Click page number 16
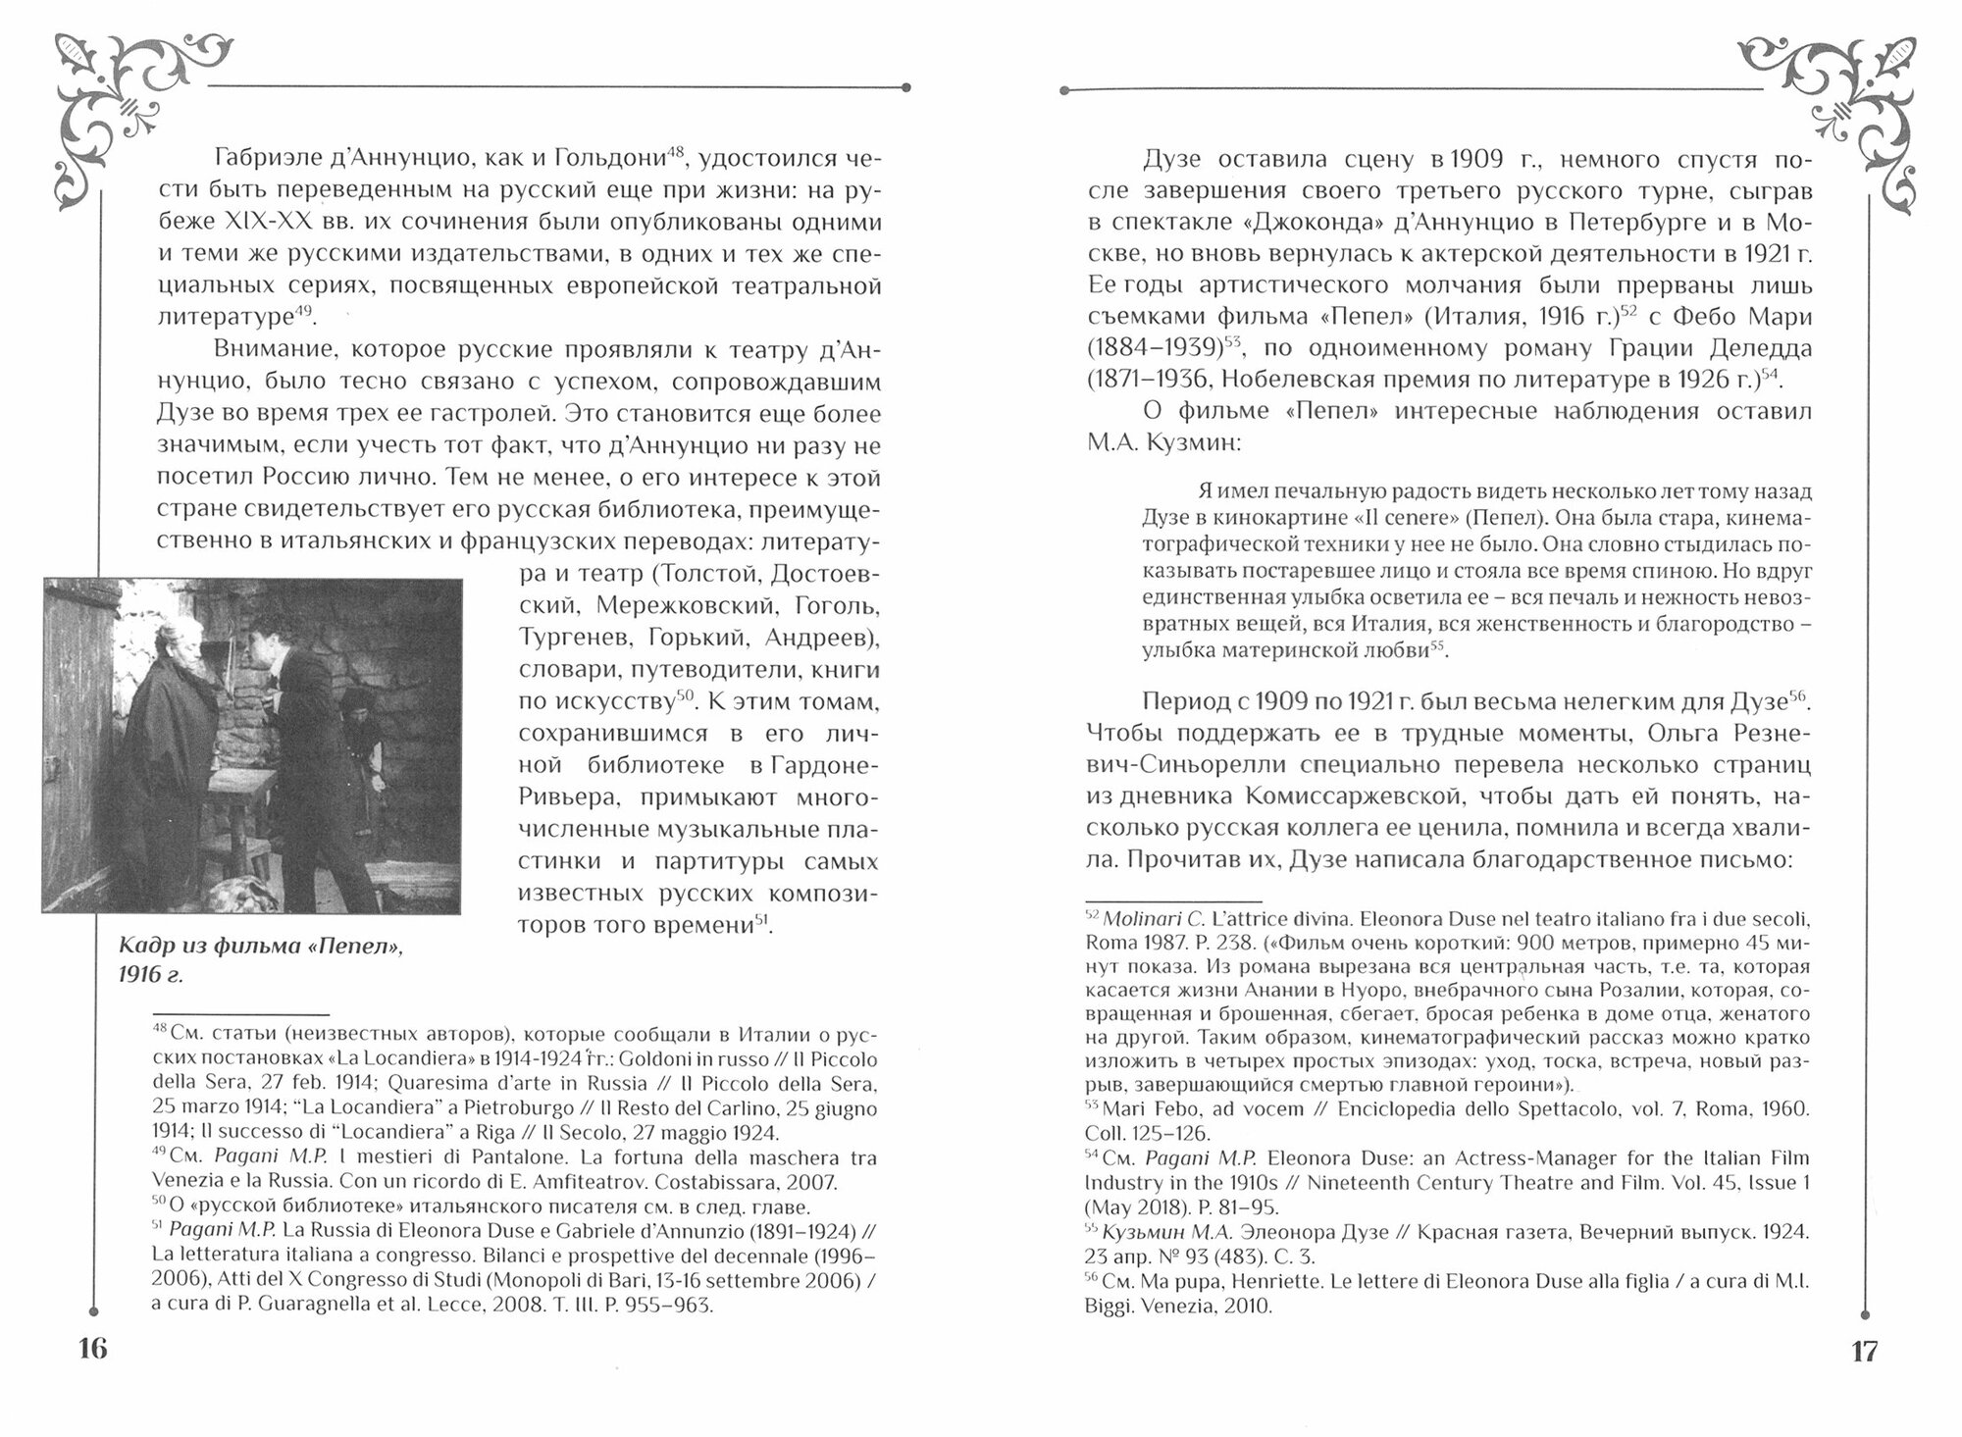tap(92, 1350)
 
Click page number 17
tap(1863, 1351)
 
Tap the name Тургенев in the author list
tap(571, 638)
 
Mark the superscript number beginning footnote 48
tap(160, 1032)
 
